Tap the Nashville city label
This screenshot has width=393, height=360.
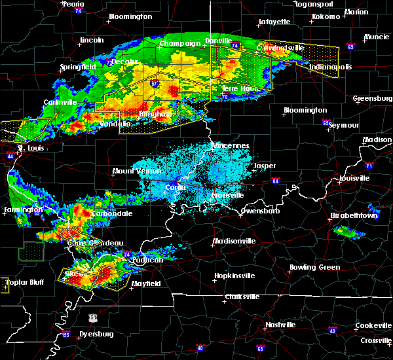pyautogui.click(x=281, y=325)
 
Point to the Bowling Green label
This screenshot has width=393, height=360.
pyautogui.click(x=315, y=267)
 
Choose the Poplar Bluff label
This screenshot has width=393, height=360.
pyautogui.click(x=16, y=283)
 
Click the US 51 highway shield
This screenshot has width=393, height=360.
pyautogui.click(x=94, y=317)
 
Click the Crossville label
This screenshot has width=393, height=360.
pyautogui.click(x=375, y=341)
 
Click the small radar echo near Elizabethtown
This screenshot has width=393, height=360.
pyautogui.click(x=348, y=230)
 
